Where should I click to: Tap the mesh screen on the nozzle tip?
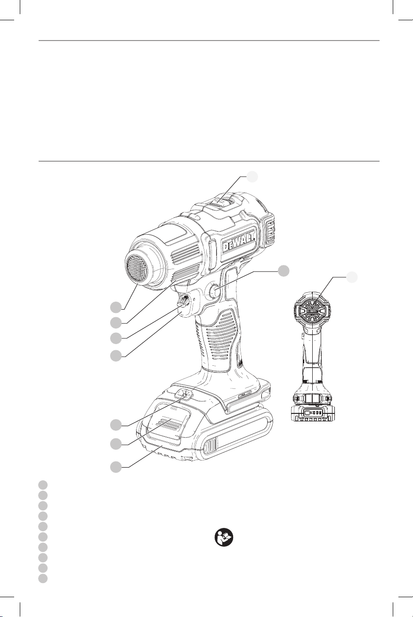coord(137,268)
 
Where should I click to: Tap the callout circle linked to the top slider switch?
coord(252,177)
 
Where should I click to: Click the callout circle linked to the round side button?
coord(283,271)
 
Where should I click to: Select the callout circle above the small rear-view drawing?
coord(352,277)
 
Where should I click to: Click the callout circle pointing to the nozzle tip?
coord(116,307)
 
